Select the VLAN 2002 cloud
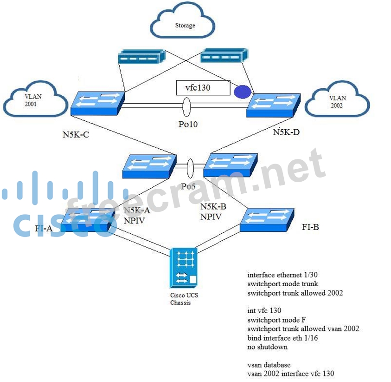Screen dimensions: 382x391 click(337, 102)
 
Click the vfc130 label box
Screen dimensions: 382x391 click(203, 87)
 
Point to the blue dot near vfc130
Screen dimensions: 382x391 click(242, 92)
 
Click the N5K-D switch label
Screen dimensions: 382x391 click(286, 132)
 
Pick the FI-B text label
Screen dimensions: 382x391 click(310, 227)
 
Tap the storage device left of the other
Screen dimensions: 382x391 click(141, 58)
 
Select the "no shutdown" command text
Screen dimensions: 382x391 click(267, 347)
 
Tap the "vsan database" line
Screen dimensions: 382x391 click(269, 365)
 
